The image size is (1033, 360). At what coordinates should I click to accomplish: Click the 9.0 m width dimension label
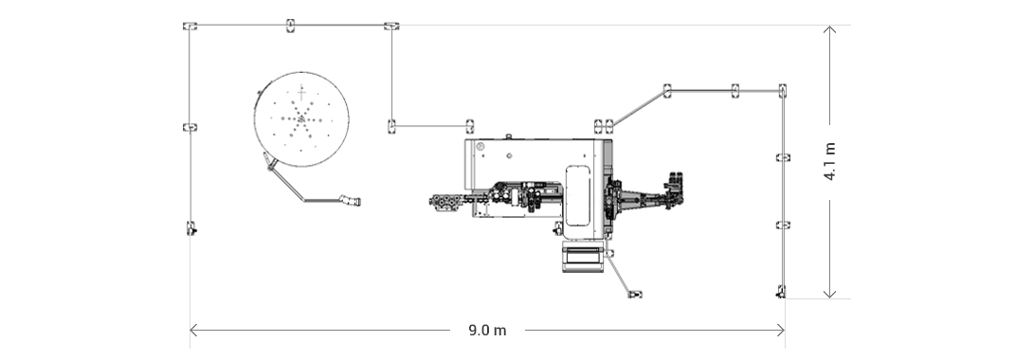coord(487,331)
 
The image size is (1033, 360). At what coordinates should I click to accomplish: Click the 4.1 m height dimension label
coord(830,161)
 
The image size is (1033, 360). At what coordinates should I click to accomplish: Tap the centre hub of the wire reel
coord(301,118)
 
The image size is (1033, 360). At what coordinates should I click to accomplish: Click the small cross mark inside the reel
coord(301,92)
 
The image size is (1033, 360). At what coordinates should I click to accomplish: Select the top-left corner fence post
coord(190,26)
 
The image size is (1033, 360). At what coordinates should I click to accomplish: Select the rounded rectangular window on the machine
coord(577,196)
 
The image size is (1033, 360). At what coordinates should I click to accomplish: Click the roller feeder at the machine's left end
coord(445,202)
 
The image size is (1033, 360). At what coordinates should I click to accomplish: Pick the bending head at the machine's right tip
coord(674,189)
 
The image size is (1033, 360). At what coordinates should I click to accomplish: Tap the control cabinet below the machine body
coord(582,257)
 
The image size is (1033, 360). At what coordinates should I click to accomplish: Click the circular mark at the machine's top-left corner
coord(480,147)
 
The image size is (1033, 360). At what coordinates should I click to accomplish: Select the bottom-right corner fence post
coord(781,292)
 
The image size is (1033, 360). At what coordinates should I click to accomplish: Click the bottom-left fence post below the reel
coord(190,228)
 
